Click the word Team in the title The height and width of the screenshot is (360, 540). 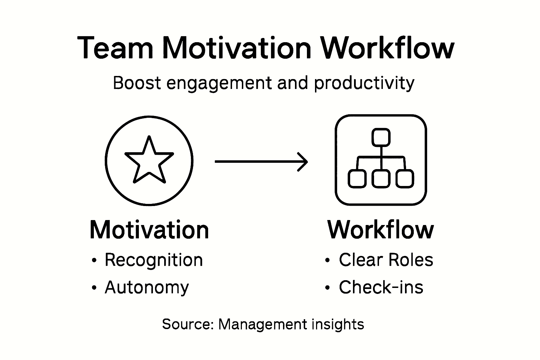[115, 48]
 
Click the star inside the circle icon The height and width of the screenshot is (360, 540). [149, 160]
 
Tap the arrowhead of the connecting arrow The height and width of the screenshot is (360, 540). [303, 162]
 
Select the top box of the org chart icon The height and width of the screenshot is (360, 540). [381, 137]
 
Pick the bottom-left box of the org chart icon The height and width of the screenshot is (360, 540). [357, 178]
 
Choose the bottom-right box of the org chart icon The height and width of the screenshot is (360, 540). [405, 178]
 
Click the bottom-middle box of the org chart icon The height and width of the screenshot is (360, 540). [381, 178]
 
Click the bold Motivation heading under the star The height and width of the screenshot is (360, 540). [149, 230]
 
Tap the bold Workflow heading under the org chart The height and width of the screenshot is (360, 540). [381, 230]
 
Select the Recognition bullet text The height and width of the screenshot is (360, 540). [154, 261]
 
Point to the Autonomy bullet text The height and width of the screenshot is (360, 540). [147, 288]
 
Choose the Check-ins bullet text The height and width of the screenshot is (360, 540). [381, 287]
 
